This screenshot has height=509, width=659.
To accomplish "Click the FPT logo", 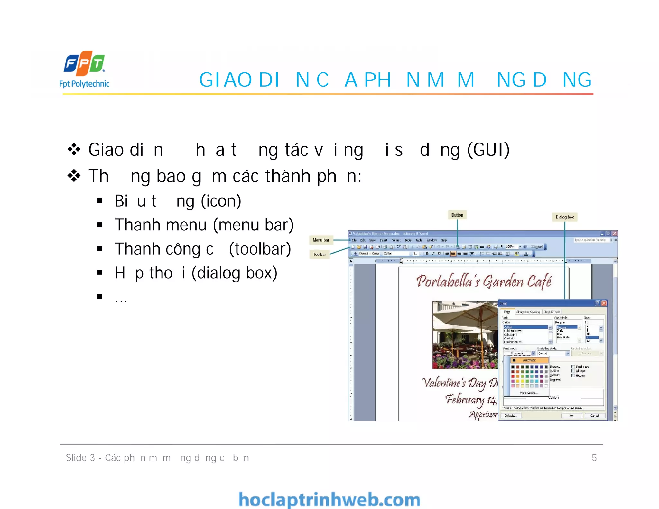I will point(84,62).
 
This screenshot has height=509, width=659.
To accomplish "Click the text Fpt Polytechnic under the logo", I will point(84,84).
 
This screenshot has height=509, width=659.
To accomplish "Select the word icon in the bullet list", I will point(221,201).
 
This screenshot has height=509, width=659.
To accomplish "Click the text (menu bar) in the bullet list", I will point(253,225).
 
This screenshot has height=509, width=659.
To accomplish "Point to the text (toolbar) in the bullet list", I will point(260,249).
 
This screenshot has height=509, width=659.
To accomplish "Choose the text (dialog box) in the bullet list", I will point(234,273).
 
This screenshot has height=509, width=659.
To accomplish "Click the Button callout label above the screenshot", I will point(457,215).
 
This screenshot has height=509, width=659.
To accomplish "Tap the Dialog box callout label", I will point(564,217).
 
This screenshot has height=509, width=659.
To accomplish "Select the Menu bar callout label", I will point(321,240).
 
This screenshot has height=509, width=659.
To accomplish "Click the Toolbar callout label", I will point(320,254).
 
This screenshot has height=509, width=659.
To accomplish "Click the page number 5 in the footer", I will point(594,458).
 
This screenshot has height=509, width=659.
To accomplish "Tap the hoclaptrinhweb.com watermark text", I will point(329,500).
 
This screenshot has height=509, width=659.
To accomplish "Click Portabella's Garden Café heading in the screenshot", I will point(484,281).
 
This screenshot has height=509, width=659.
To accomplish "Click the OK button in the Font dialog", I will point(571,416).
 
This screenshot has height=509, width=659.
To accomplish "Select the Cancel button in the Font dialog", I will point(595,416).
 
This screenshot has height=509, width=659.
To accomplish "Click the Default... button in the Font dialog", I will point(510,416).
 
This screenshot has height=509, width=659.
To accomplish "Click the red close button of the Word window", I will point(615,233).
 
